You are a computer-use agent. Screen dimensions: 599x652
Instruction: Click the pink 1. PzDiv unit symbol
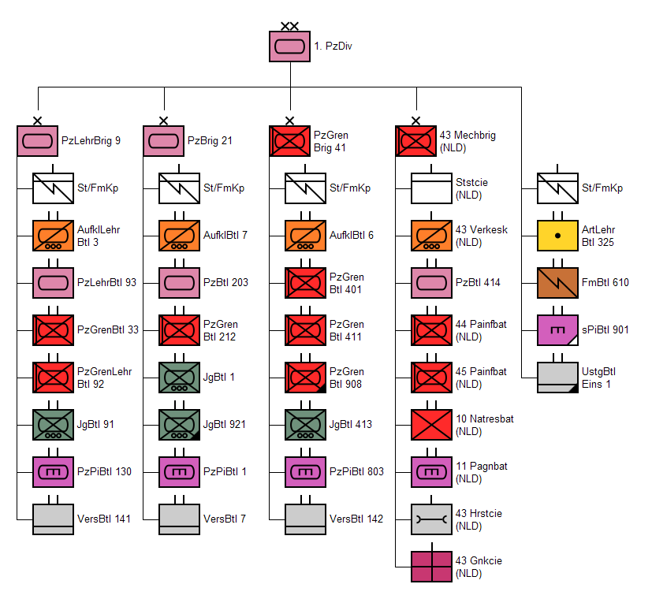point(290,47)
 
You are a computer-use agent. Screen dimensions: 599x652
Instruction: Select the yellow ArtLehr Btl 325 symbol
point(557,236)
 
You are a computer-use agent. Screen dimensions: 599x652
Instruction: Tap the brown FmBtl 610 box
point(557,283)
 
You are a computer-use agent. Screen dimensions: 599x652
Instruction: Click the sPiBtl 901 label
point(605,329)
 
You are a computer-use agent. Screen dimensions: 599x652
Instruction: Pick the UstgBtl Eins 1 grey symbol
point(557,378)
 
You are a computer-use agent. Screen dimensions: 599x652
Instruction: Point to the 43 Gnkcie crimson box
point(431,567)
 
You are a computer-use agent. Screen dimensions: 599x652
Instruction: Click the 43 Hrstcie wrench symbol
point(431,519)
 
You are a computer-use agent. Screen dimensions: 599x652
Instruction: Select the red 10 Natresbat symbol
point(431,425)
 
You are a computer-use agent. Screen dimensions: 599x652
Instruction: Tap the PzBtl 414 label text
point(478,282)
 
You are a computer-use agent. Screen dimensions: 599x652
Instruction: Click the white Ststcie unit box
point(431,188)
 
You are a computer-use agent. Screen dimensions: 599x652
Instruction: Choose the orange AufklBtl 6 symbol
point(305,236)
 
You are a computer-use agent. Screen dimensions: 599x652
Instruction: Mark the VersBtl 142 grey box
point(305,519)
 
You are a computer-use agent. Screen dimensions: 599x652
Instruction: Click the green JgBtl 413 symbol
point(305,425)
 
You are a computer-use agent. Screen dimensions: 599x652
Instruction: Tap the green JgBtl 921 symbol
point(179,425)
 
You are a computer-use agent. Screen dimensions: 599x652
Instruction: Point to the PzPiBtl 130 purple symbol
point(53,472)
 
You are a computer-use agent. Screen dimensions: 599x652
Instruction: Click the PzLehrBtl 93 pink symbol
point(53,283)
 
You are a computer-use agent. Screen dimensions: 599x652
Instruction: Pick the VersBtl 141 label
point(104,519)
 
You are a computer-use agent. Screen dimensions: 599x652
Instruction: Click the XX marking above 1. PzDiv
point(290,26)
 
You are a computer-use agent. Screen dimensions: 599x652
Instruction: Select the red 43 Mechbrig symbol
point(415,141)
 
